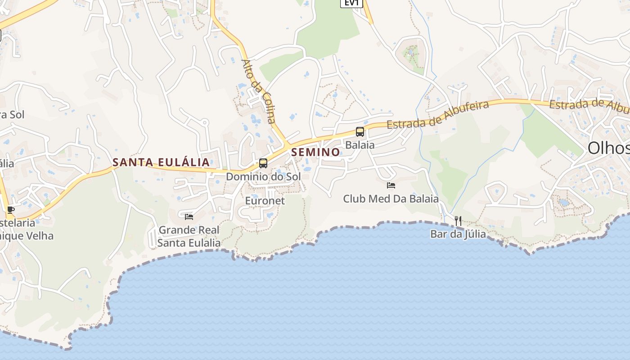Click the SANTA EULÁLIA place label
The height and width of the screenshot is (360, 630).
pyautogui.click(x=161, y=162)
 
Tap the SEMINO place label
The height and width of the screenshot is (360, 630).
pyautogui.click(x=315, y=152)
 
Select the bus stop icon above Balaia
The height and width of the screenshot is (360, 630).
pyautogui.click(x=360, y=132)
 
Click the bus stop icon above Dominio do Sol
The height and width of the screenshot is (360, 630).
pyautogui.click(x=263, y=163)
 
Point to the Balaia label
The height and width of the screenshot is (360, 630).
pyautogui.click(x=360, y=145)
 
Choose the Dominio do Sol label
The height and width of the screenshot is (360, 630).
pyautogui.click(x=263, y=176)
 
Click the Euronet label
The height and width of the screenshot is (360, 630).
pyautogui.click(x=265, y=201)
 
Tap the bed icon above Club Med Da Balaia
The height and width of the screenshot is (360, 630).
pyautogui.click(x=391, y=185)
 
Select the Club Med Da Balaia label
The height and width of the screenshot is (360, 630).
pyautogui.click(x=391, y=198)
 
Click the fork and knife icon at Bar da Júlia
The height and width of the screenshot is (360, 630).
pyautogui.click(x=458, y=220)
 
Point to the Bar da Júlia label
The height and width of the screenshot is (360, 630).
pyautogui.click(x=458, y=234)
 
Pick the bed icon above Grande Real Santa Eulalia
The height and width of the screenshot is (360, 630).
pyautogui.click(x=189, y=217)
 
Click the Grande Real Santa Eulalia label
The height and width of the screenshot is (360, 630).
pyautogui.click(x=189, y=237)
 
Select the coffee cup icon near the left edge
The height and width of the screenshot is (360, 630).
pyautogui.click(x=11, y=210)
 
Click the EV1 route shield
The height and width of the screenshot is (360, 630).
pyautogui.click(x=351, y=3)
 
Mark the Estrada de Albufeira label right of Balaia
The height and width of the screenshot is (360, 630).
pyautogui.click(x=438, y=114)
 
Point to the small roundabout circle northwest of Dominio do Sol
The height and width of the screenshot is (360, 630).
pyautogui.click(x=205, y=122)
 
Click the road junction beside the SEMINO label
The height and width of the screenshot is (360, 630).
pyautogui.click(x=287, y=146)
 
